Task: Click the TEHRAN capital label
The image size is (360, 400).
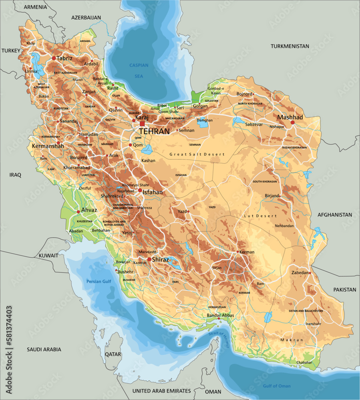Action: (154, 131)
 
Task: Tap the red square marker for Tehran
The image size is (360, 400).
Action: (142, 124)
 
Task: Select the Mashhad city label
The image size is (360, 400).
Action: (290, 117)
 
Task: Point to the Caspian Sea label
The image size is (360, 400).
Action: (139, 70)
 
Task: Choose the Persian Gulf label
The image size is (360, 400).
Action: (99, 282)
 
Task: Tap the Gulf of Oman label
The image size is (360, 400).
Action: (277, 386)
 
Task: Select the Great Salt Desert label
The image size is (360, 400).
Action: (197, 154)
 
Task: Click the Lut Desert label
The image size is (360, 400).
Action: (260, 216)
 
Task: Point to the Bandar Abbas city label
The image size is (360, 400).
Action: (220, 315)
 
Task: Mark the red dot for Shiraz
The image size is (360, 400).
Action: (149, 260)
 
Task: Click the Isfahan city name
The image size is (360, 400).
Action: (153, 192)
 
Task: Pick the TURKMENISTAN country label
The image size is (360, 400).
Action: (290, 46)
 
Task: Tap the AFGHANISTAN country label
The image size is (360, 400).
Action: (335, 215)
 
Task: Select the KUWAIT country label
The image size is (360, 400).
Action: (48, 255)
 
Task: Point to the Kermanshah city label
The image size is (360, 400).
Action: (48, 146)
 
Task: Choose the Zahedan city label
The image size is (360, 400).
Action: (300, 272)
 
